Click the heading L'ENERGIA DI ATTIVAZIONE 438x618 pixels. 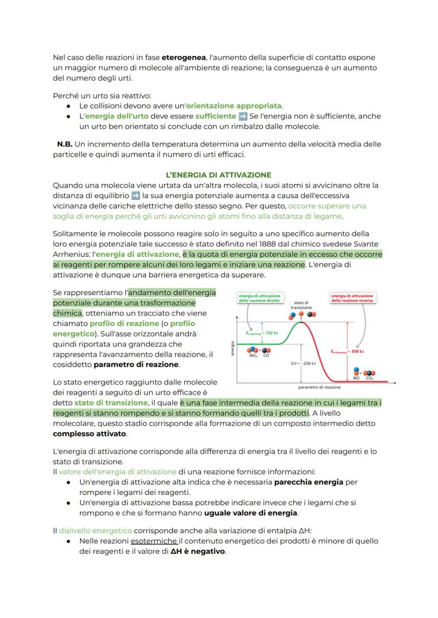[x=218, y=175]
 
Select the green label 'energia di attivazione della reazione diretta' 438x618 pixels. [x=260, y=298]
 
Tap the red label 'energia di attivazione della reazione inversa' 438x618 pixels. [x=352, y=298]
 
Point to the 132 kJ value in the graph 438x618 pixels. [x=262, y=333]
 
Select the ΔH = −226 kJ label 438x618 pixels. [x=304, y=363]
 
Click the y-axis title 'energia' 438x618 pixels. [x=233, y=348]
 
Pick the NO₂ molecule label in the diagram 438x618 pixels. [x=252, y=355]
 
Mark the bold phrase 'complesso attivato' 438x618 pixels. [x=89, y=433]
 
